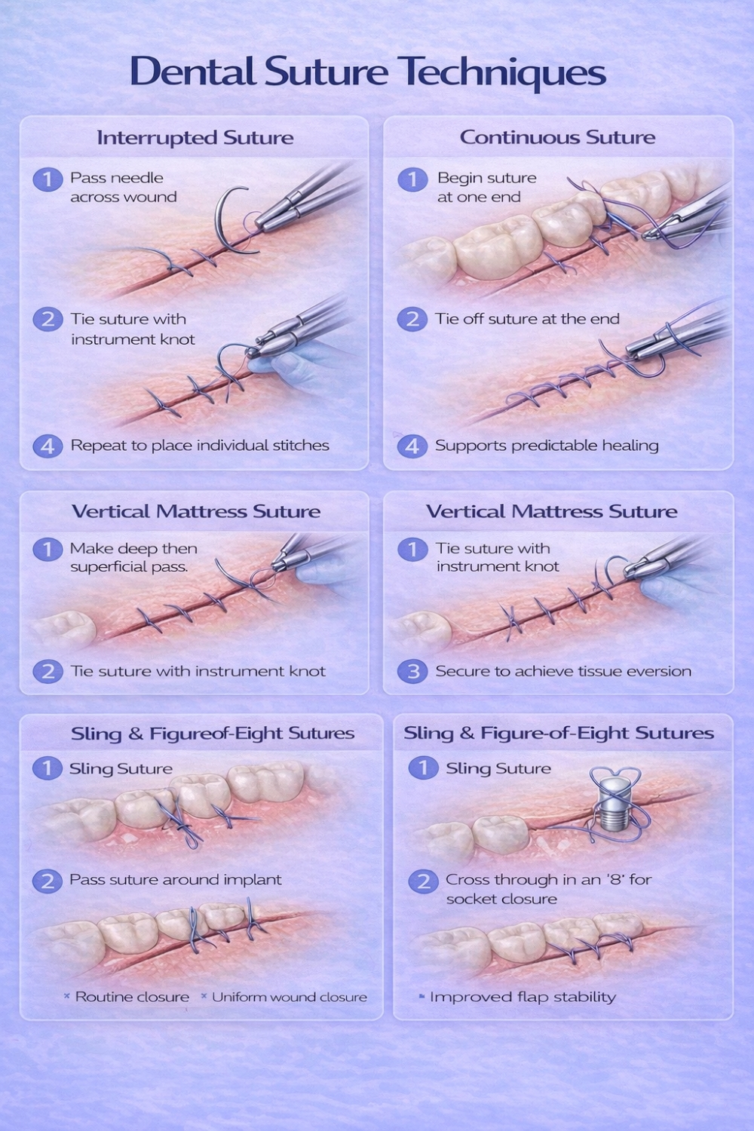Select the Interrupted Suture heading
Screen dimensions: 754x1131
[195, 138]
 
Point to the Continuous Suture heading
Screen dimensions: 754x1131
[557, 137]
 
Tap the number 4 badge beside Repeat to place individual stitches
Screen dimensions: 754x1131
[48, 446]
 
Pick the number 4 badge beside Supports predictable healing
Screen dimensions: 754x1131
[412, 446]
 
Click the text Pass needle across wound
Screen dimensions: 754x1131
[123, 187]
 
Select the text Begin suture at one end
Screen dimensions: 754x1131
[487, 187]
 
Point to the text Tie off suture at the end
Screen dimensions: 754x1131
[527, 319]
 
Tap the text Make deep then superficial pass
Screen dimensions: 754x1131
[133, 557]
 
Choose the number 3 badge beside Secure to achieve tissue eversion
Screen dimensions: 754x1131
[412, 672]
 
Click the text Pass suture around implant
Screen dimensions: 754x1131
[175, 880]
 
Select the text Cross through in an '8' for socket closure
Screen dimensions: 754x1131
[548, 889]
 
